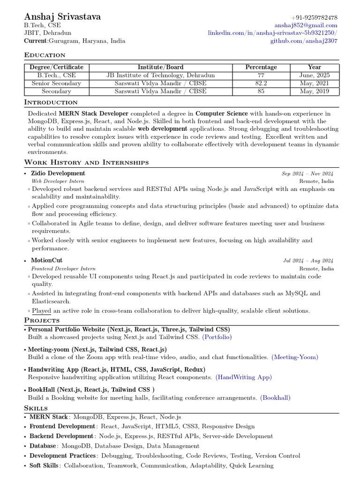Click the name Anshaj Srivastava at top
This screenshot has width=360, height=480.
pos(62,17)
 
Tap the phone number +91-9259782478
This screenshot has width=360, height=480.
pos(314,18)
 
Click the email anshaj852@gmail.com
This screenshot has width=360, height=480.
pos(306,25)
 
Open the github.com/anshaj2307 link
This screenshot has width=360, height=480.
pos(303,41)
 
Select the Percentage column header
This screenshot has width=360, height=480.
pos(261,67)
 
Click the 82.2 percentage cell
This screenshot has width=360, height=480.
pos(261,83)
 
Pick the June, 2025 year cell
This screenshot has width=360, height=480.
pos(315,75)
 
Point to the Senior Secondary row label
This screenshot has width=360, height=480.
pos(56,83)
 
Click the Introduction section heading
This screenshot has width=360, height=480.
pos(51,102)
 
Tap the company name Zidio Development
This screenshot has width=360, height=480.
pos(58,173)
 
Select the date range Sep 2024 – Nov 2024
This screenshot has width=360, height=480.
pos(307,174)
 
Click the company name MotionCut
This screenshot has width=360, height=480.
pos(46,260)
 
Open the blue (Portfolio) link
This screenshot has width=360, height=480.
pos(217,337)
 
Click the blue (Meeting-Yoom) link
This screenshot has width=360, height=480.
pos(294,357)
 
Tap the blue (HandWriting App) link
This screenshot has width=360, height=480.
pos(243,377)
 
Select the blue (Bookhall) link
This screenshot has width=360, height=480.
pos(275,398)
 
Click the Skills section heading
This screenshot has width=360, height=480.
pos(36,408)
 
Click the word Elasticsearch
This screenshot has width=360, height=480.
pos(51,302)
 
